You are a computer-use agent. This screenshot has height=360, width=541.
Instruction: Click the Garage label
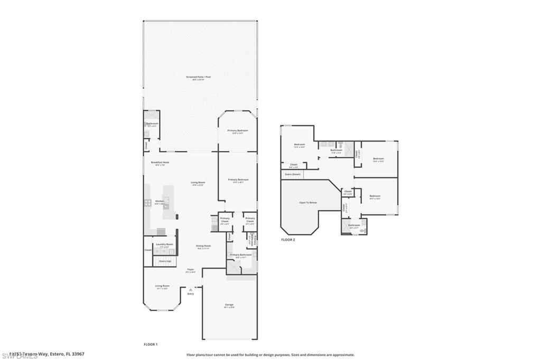coord(229,305)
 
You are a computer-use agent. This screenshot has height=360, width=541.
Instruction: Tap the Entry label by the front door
coord(190,294)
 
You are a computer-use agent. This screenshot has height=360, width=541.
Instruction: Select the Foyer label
coord(190,270)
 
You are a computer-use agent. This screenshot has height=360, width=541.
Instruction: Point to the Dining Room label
coord(204,245)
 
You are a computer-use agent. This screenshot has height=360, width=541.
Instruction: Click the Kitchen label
coord(160,201)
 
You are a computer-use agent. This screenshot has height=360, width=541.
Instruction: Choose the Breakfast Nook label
coord(160,163)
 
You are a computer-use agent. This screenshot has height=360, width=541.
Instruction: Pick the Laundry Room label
coord(164,244)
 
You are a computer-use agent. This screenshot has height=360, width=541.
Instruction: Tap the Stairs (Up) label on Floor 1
coord(165,261)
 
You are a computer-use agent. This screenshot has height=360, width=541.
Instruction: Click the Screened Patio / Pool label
coord(198,77)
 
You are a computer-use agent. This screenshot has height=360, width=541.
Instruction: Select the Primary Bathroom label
coord(241,254)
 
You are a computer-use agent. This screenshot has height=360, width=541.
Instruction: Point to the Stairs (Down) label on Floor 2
coord(293,174)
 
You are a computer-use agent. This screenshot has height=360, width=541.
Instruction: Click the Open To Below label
coord(308,202)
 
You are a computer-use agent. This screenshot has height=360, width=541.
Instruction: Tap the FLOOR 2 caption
coord(288,239)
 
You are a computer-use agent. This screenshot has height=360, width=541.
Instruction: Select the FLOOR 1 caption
coord(151,344)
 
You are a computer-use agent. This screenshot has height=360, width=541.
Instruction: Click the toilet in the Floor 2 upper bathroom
coord(342,145)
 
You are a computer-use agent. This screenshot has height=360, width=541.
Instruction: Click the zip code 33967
coord(78,354)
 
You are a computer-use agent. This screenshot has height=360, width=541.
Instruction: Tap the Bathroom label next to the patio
coord(152,124)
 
